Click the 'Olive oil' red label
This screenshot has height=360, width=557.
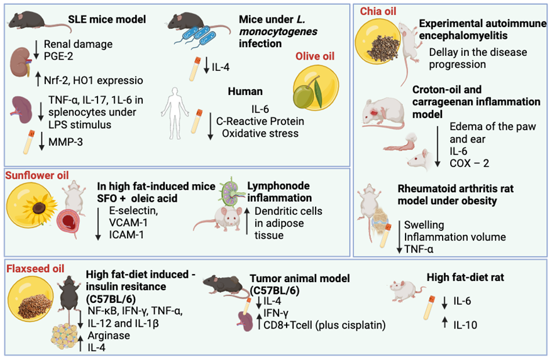(x=315, y=56)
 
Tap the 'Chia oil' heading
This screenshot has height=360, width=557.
(x=378, y=11)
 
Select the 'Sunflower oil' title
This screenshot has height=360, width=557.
(x=37, y=175)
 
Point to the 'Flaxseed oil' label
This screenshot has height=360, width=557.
(x=36, y=269)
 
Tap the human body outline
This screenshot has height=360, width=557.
(x=174, y=113)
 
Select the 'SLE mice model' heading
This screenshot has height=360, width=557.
(x=107, y=19)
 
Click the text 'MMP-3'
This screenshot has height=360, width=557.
(x=66, y=142)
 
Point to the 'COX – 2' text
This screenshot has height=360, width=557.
(x=469, y=163)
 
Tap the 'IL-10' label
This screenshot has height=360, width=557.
(x=465, y=325)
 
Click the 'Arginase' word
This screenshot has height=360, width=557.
(x=109, y=335)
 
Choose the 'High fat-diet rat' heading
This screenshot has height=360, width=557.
(x=465, y=277)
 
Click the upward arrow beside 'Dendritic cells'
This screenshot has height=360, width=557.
(x=247, y=221)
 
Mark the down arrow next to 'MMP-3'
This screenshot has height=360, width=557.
(x=41, y=141)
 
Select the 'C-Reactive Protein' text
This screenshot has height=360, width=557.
(x=260, y=121)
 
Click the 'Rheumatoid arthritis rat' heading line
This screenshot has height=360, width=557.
(x=456, y=188)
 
